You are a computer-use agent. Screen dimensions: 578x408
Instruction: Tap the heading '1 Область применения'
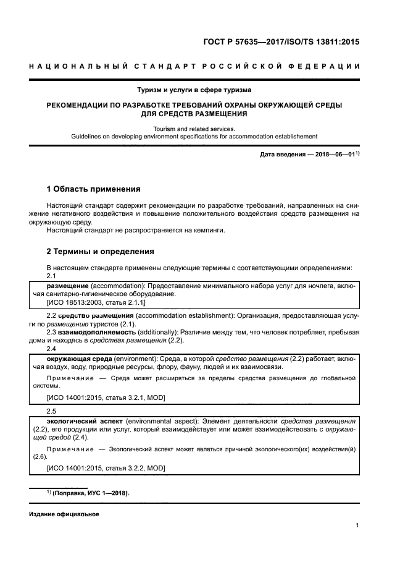(x=94, y=189)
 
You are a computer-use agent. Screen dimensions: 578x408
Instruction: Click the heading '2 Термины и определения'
(x=101, y=252)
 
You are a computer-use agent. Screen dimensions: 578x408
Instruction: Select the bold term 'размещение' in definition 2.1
(x=68, y=286)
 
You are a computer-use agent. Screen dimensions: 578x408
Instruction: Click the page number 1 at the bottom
(x=357, y=525)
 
